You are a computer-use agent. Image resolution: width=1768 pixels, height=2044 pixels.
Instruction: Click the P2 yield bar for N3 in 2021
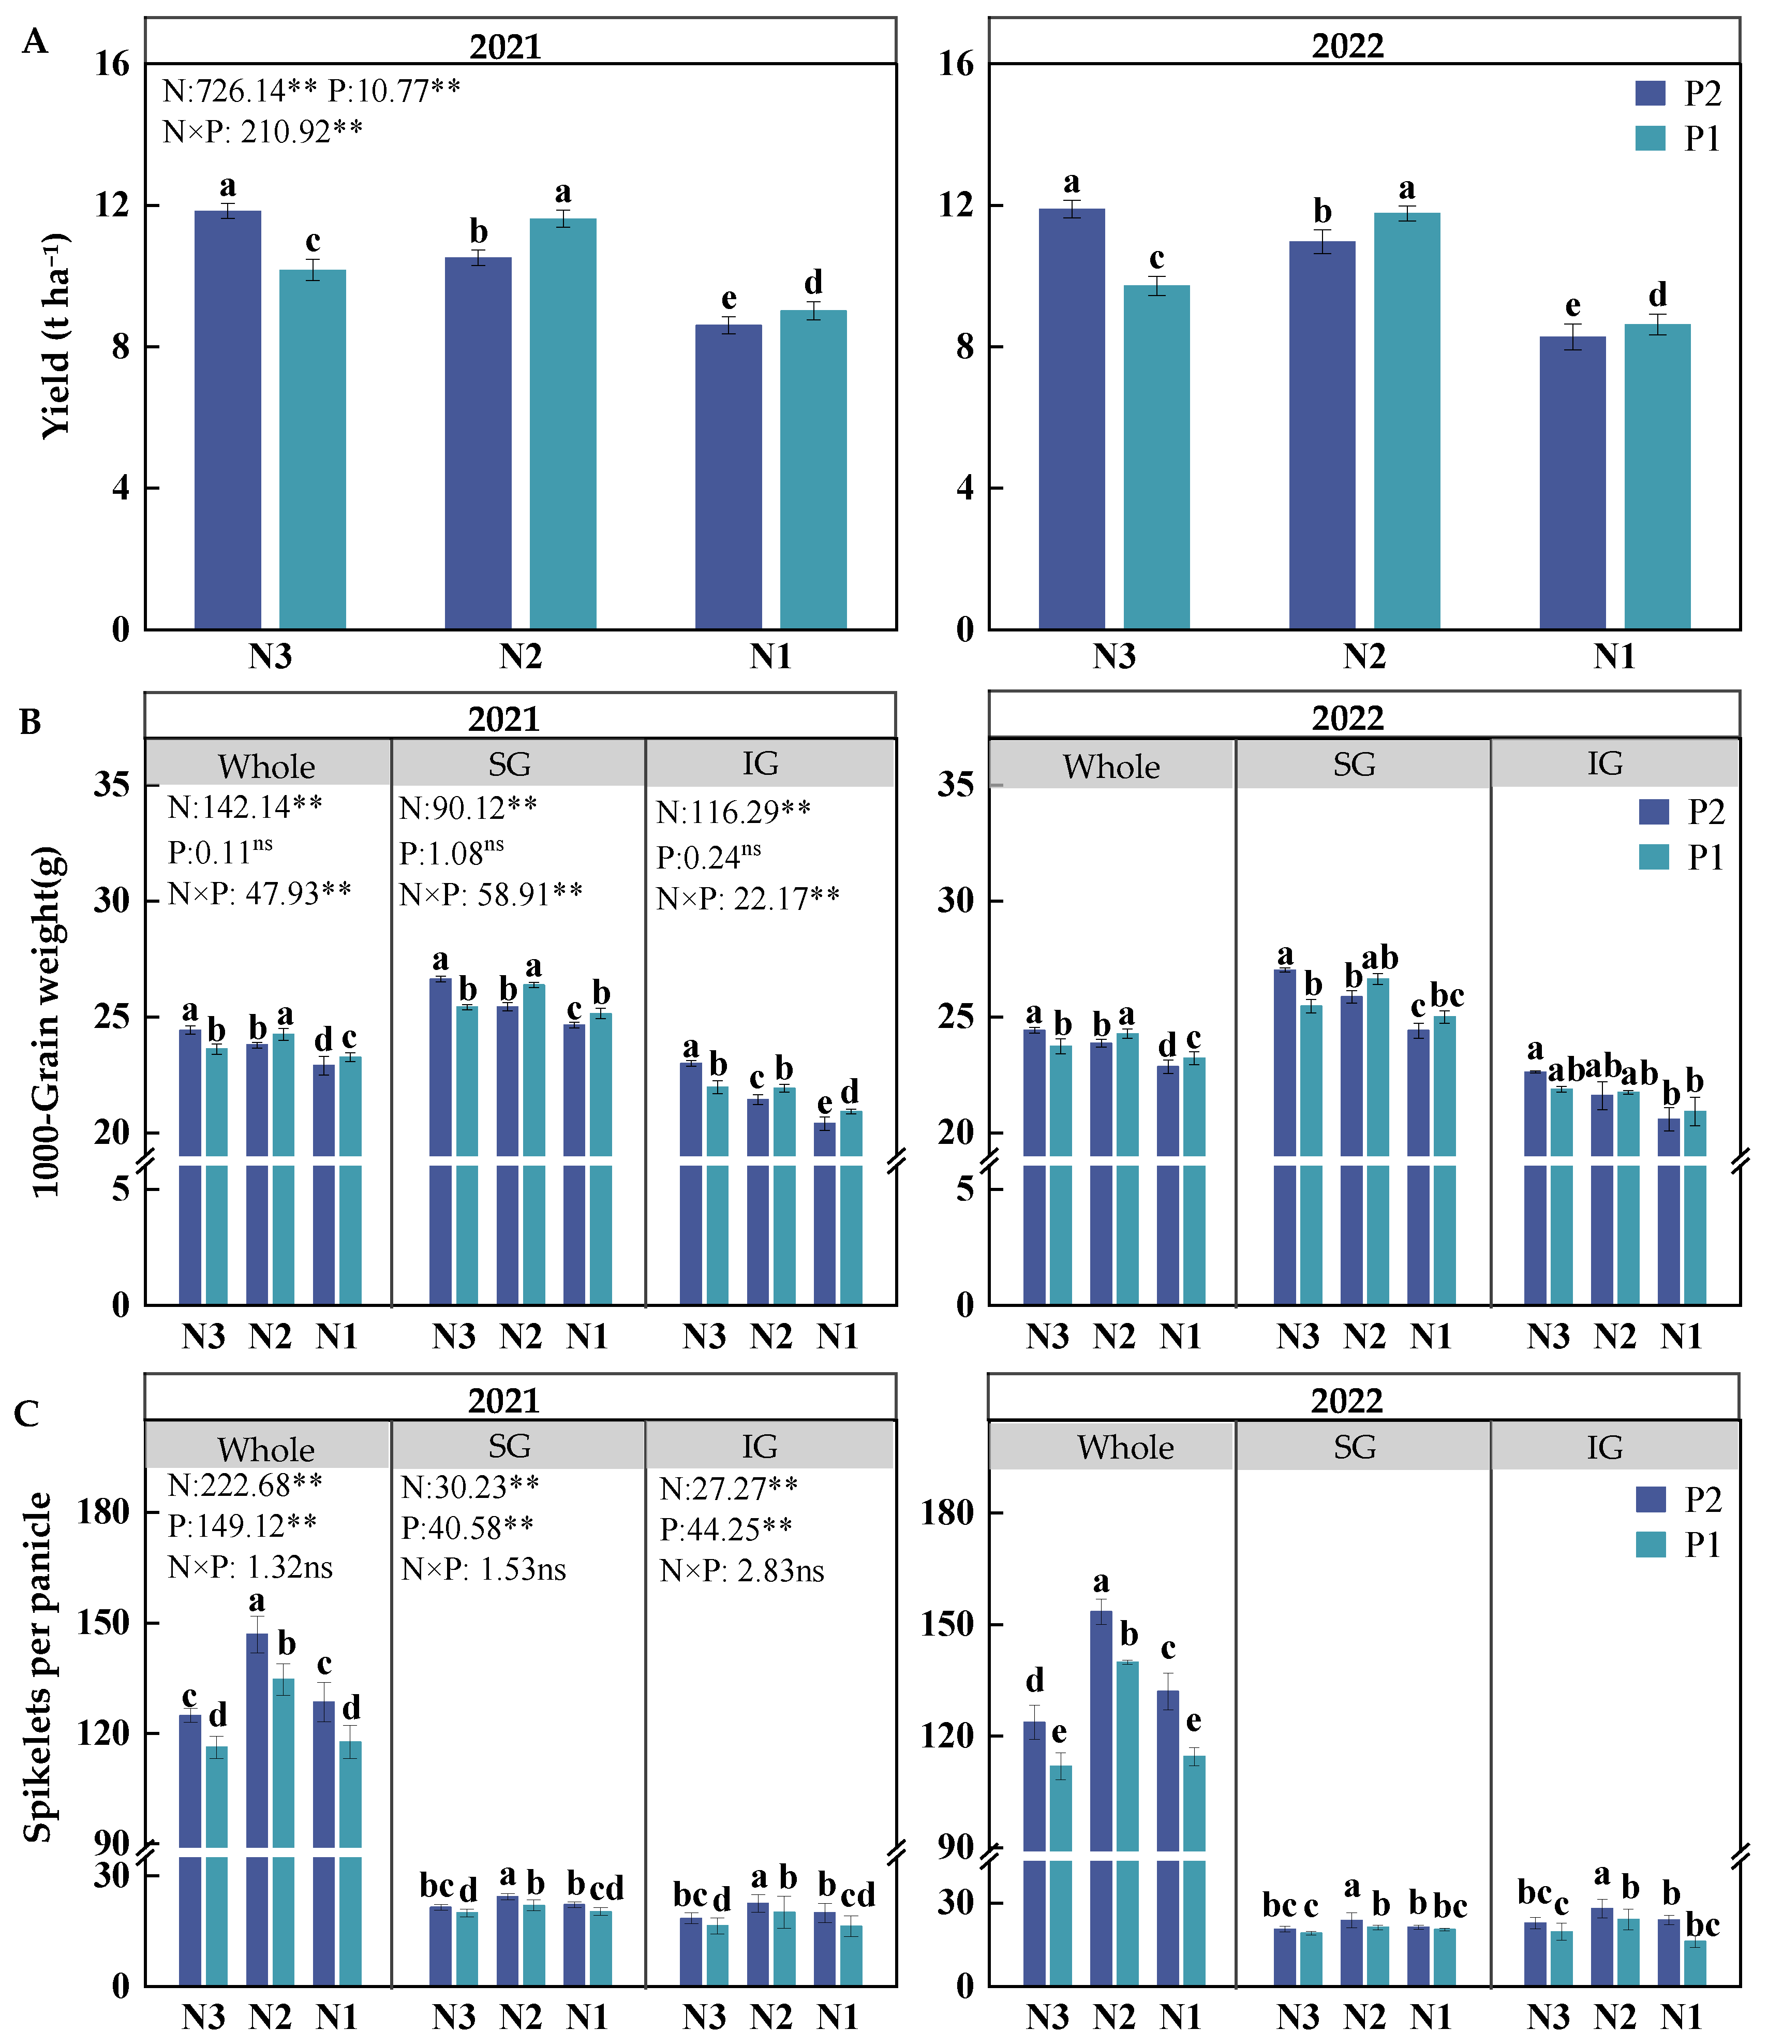pos(227,419)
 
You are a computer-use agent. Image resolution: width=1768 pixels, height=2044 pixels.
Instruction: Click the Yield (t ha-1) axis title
pos(56,335)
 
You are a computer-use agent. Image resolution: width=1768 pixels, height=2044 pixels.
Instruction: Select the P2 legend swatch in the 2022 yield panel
pos(1650,94)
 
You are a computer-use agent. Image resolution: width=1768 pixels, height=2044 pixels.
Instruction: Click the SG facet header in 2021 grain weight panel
pos(509,764)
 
